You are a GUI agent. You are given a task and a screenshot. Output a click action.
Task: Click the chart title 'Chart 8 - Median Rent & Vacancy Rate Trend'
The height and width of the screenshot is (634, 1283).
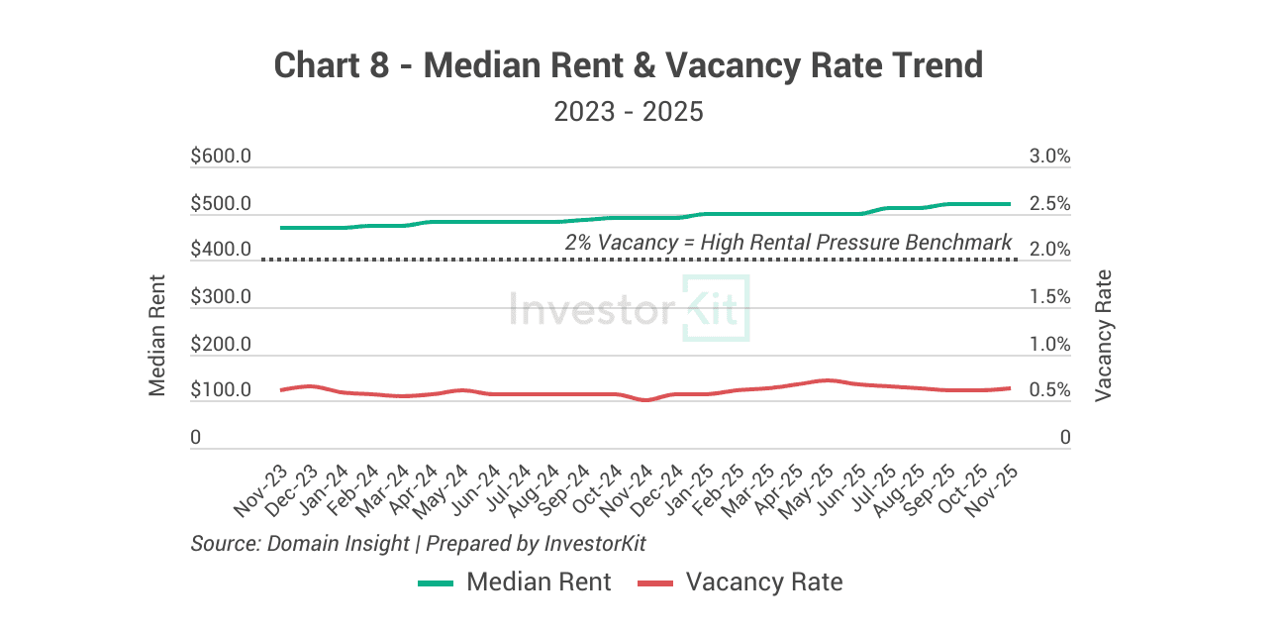click(x=628, y=66)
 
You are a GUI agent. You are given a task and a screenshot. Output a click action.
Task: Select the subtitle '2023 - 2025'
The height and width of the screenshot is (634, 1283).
click(x=628, y=111)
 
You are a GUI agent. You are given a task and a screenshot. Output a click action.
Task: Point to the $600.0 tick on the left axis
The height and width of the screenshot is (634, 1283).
click(x=220, y=158)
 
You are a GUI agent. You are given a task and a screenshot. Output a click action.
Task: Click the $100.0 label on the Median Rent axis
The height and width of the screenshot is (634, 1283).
click(x=220, y=391)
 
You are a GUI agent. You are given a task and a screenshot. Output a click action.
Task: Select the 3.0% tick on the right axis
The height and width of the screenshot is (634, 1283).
click(x=1049, y=158)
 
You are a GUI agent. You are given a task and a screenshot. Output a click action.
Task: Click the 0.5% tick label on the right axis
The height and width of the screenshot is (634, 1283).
click(x=1049, y=391)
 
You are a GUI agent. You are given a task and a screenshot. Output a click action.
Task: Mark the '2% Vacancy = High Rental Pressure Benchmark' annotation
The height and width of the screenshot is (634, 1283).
click(x=788, y=243)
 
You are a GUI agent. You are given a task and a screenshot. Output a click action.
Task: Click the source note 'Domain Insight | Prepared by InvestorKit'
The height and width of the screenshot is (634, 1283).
click(x=418, y=544)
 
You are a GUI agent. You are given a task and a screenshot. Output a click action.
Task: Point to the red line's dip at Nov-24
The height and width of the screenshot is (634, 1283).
click(x=646, y=400)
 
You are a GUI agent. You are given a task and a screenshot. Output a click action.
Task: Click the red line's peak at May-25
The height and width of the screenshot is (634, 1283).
click(x=828, y=379)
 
